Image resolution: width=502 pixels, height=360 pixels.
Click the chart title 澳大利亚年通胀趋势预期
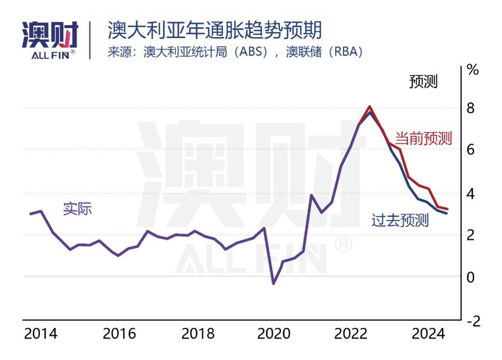(x=214, y=31)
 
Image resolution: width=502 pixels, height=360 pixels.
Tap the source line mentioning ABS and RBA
(x=235, y=52)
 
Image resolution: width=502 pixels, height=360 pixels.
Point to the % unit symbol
(x=473, y=71)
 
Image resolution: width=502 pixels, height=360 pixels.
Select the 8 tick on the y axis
(x=470, y=108)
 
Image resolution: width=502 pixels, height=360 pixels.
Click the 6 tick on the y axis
(x=470, y=150)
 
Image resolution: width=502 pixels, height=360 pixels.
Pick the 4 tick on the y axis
(x=470, y=193)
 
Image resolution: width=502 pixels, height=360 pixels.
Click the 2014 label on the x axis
(x=40, y=334)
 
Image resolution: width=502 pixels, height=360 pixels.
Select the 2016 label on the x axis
(x=119, y=334)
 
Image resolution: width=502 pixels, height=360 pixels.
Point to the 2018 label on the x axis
(x=198, y=334)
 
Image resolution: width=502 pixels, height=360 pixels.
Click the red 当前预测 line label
(x=423, y=138)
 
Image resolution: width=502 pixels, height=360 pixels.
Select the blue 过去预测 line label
(x=400, y=220)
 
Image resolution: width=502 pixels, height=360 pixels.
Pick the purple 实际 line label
(x=78, y=209)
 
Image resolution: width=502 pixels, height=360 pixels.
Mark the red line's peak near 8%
(x=370, y=107)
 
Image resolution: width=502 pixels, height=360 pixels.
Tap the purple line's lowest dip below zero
(x=273, y=283)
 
